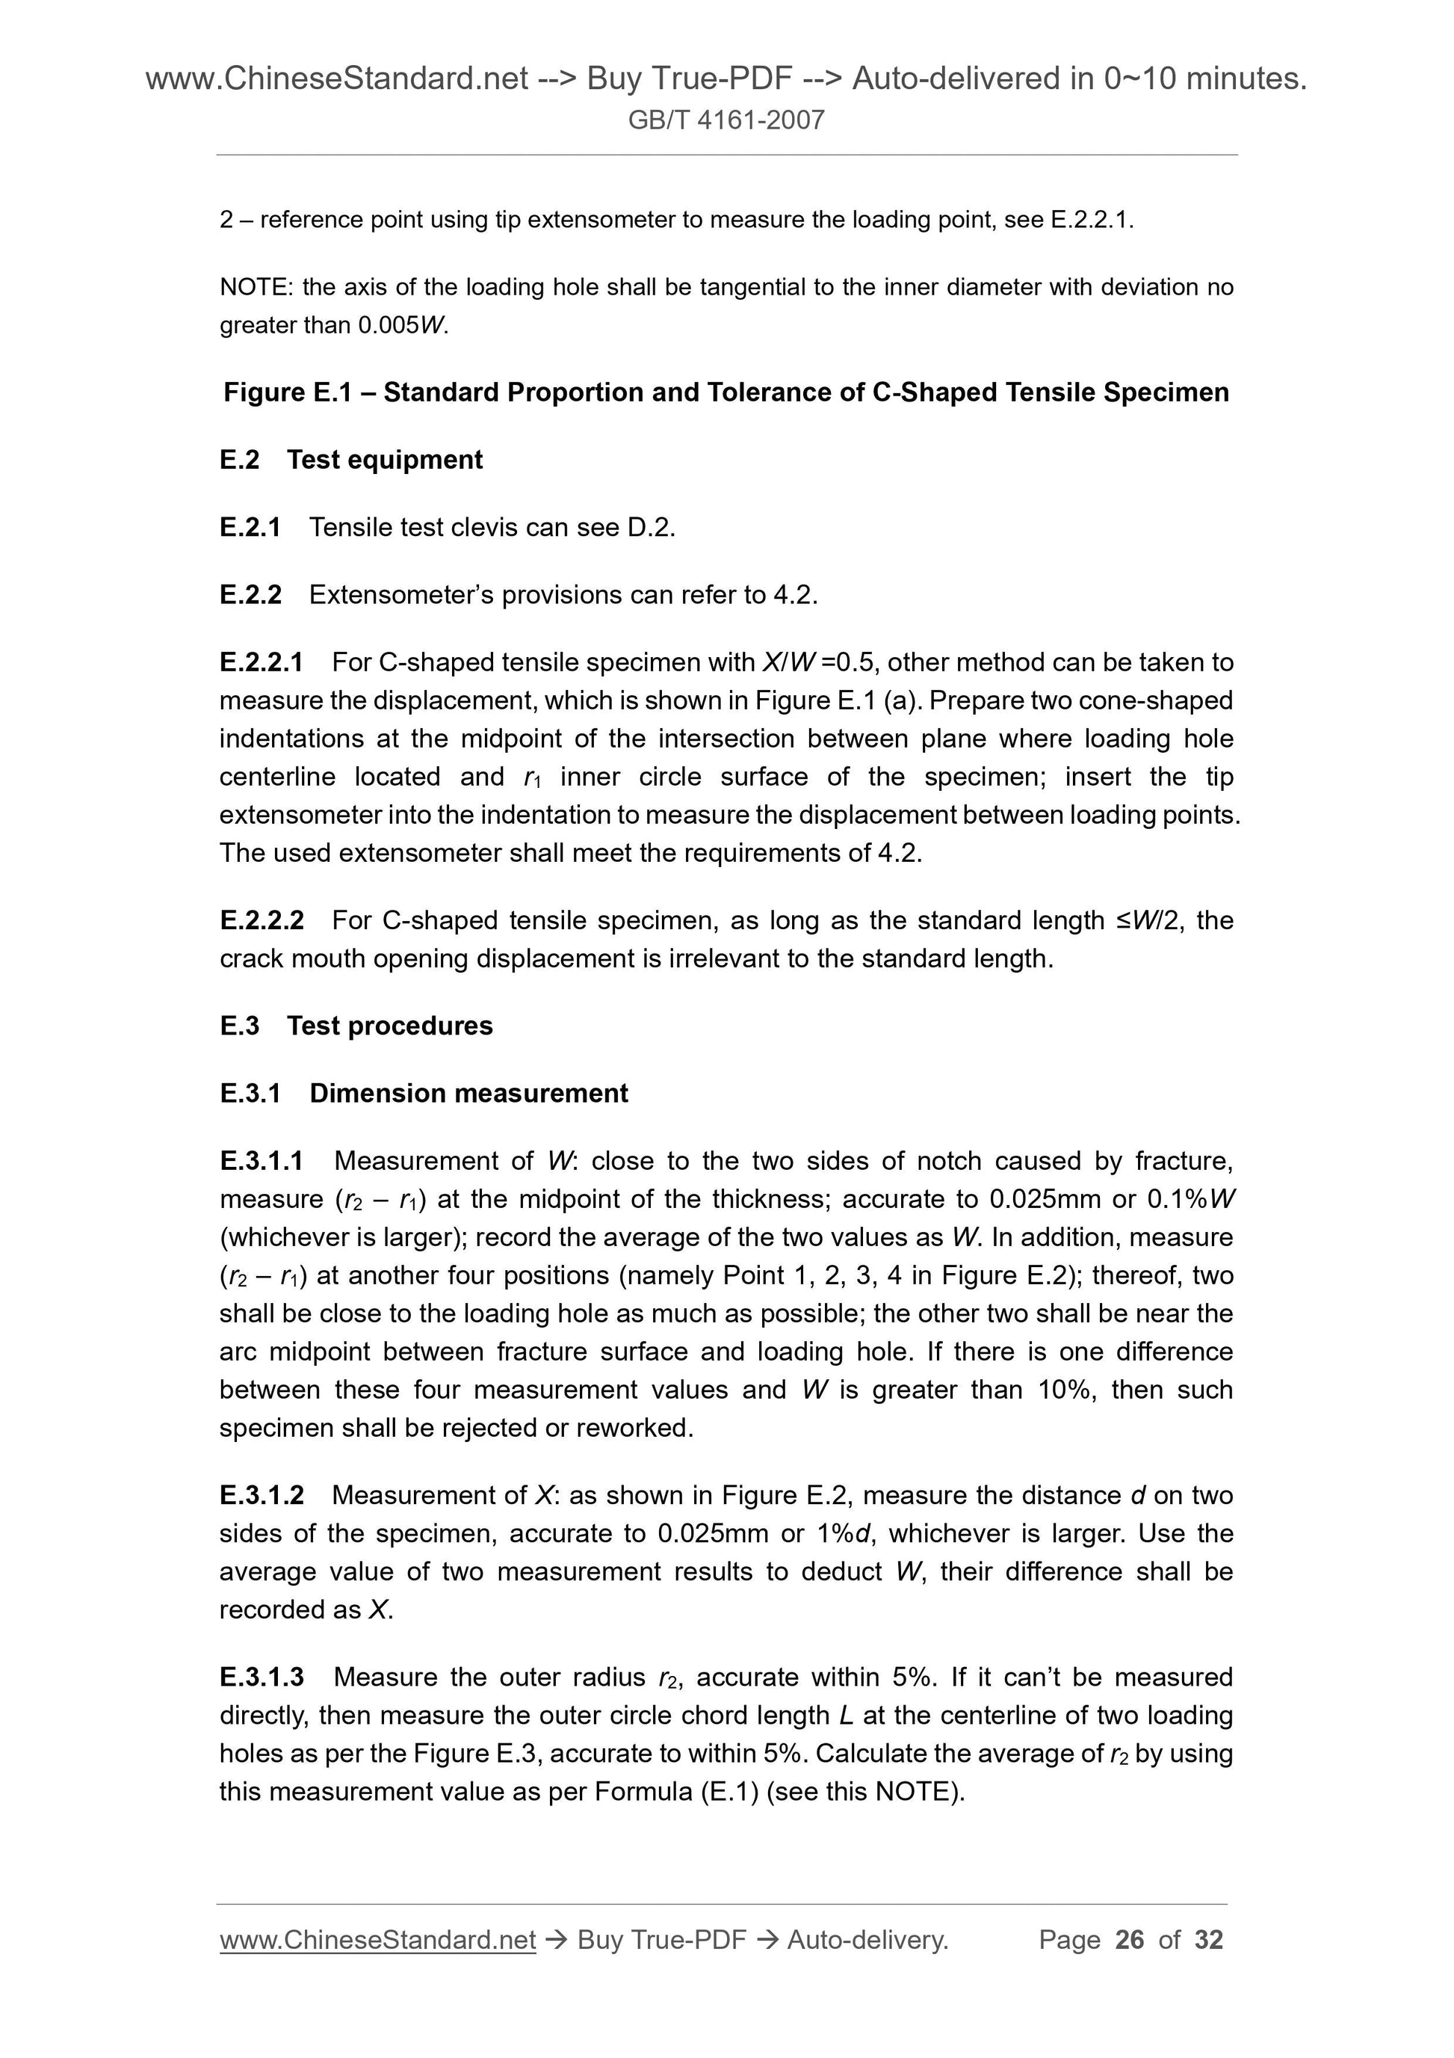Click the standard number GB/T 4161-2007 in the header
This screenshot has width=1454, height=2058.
point(726,120)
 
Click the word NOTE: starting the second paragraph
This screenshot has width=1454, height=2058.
point(256,287)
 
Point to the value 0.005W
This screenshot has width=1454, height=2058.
point(401,325)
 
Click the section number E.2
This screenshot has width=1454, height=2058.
point(239,460)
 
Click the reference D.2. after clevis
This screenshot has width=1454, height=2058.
point(652,527)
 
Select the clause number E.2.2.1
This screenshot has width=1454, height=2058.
point(261,662)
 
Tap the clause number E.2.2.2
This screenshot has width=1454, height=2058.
point(262,920)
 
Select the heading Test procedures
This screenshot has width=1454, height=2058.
point(390,1026)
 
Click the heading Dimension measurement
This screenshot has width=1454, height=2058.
point(468,1094)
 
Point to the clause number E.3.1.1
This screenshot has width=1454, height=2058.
point(261,1161)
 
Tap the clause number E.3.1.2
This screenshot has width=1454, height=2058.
point(262,1495)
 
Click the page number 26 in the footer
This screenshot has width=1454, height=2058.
point(1130,1940)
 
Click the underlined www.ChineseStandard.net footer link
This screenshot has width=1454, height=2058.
point(377,1941)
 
